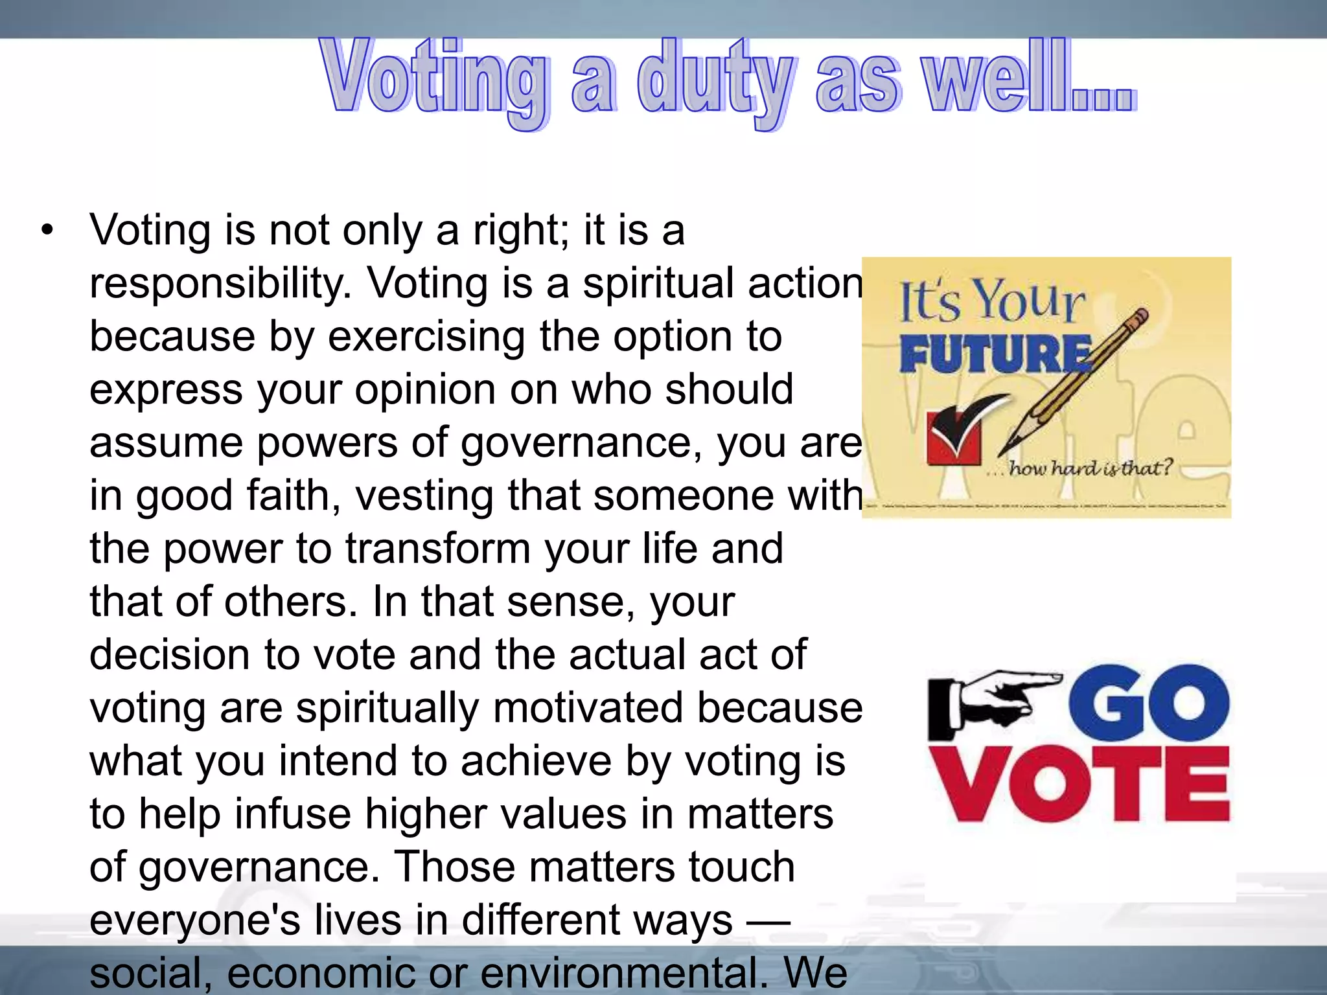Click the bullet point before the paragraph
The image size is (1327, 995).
[x=47, y=231]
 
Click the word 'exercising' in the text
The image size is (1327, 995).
[x=426, y=337]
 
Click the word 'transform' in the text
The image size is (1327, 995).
[x=438, y=549]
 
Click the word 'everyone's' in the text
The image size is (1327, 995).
[x=195, y=921]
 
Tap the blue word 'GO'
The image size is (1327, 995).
[x=1148, y=703]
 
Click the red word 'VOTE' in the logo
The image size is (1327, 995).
[x=1079, y=783]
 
